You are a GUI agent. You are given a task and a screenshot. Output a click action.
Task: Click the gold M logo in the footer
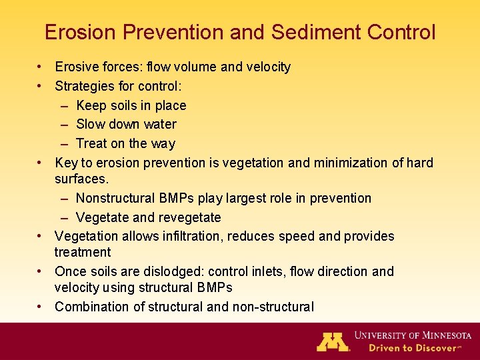[x=333, y=341]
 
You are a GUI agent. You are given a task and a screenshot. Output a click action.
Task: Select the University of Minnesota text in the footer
[x=413, y=335]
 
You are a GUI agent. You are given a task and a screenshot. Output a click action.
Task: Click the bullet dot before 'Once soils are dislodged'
[x=41, y=271]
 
